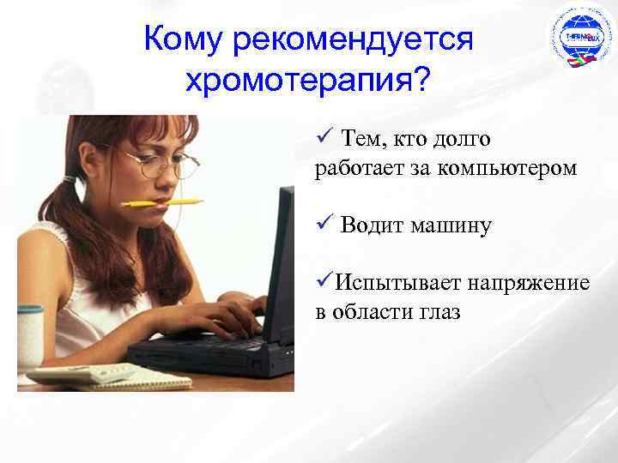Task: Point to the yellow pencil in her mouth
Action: click(162, 203)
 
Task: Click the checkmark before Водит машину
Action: click(323, 225)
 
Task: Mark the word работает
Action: click(355, 168)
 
